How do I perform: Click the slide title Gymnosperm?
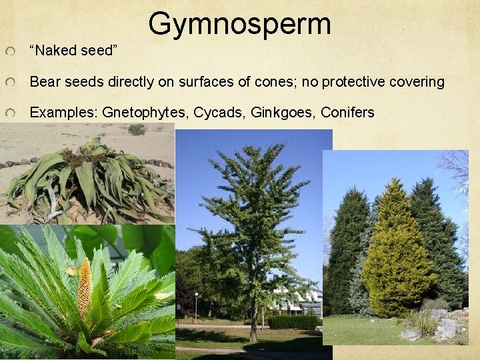(x=239, y=23)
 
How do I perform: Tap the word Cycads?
(x=219, y=113)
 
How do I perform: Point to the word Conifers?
(x=347, y=113)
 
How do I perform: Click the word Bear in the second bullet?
(x=45, y=82)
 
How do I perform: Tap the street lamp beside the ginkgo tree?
(x=196, y=307)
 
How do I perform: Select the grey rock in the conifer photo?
(x=447, y=328)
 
